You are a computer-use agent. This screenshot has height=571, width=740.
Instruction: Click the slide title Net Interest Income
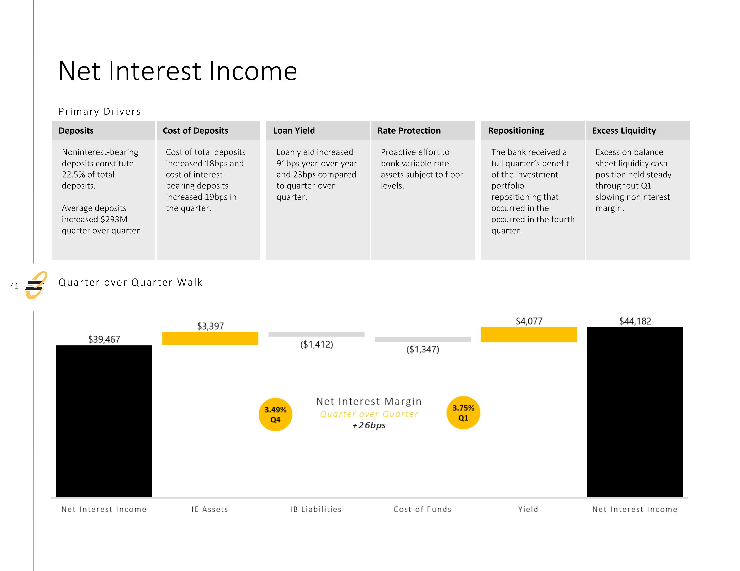[x=178, y=71]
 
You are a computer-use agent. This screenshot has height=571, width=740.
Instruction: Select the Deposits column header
[x=76, y=130]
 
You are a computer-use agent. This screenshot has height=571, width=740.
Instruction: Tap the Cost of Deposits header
[x=196, y=130]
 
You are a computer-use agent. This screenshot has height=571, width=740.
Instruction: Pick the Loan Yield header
[x=294, y=130]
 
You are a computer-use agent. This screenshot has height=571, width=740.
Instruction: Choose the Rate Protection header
[x=409, y=130]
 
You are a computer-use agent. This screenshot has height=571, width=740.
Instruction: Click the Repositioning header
[x=516, y=130]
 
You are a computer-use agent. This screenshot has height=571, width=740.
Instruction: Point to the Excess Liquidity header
[x=624, y=130]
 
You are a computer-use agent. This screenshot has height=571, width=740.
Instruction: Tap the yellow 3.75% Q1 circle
[x=463, y=413]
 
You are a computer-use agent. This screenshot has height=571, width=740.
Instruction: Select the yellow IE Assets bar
[x=210, y=338]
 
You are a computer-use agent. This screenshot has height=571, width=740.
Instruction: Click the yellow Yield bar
[x=529, y=334]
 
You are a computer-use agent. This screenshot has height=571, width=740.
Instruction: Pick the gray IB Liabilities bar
[x=316, y=334]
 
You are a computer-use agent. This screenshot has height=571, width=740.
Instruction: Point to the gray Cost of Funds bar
[x=423, y=340]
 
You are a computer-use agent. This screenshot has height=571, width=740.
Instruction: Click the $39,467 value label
[x=104, y=339]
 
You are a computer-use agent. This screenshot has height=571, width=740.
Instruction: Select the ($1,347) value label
[x=423, y=349]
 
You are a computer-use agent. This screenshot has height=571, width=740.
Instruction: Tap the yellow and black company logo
[x=36, y=285]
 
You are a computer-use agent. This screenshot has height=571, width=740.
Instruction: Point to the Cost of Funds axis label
[x=423, y=509]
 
